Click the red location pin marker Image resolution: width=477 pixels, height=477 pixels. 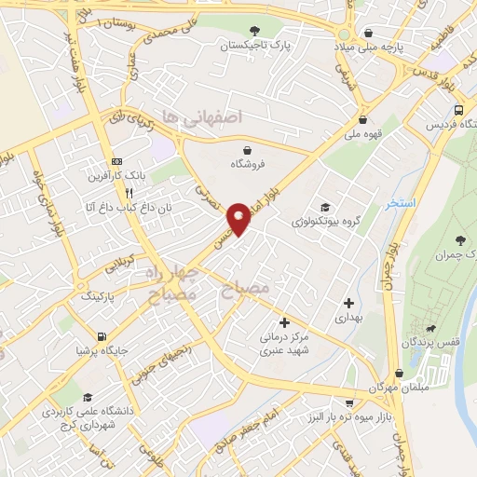click(x=239, y=218)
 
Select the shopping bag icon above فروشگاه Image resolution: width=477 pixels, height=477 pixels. click(x=247, y=150)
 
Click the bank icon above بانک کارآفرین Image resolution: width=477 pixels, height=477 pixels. click(x=116, y=160)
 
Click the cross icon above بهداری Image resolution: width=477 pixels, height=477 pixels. click(x=349, y=303)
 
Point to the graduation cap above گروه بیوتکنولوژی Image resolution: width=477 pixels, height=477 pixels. click(x=324, y=208)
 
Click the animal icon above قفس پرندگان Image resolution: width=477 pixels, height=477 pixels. click(x=431, y=329)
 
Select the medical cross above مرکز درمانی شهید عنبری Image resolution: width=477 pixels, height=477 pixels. click(x=284, y=322)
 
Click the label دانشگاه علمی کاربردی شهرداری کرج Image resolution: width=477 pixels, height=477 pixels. click(x=82, y=416)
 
